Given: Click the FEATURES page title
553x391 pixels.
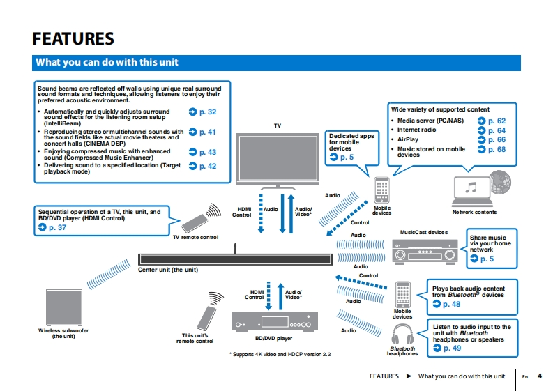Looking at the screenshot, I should [x=73, y=38].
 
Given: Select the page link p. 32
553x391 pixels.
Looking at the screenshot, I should [x=203, y=112].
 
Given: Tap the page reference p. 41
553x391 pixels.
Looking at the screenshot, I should [x=203, y=132].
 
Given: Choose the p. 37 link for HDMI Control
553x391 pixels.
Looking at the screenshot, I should [x=53, y=227].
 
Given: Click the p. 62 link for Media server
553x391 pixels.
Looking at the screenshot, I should [x=492, y=121].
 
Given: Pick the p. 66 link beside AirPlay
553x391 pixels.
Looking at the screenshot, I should [x=492, y=140].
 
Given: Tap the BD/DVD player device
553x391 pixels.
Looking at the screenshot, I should [x=273, y=322].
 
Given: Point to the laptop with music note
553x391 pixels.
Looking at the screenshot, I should [x=472, y=188].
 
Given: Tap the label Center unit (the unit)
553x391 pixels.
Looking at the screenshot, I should [x=168, y=270].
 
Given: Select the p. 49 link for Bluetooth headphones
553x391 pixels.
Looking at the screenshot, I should [x=446, y=348].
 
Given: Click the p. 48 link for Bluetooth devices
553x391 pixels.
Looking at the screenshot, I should [x=446, y=304].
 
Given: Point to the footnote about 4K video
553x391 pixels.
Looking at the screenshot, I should [x=280, y=355].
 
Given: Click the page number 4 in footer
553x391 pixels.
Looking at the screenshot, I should [x=540, y=376].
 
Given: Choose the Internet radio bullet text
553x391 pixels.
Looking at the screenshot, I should [x=416, y=130].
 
